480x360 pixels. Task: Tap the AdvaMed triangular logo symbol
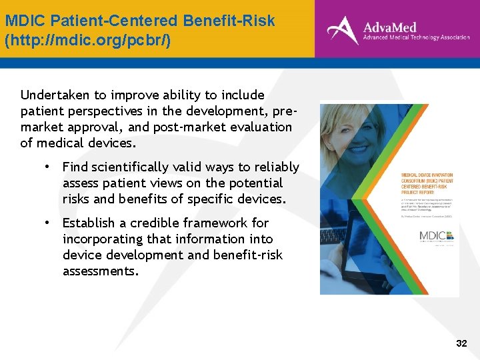[x=342, y=30]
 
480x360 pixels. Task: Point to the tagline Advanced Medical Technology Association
[x=416, y=39]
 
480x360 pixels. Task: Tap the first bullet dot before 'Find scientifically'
[x=49, y=167]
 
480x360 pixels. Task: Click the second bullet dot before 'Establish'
[x=49, y=223]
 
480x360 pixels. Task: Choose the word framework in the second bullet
[x=217, y=223]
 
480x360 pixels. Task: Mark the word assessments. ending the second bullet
[x=100, y=271]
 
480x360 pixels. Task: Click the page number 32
[x=461, y=343]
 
